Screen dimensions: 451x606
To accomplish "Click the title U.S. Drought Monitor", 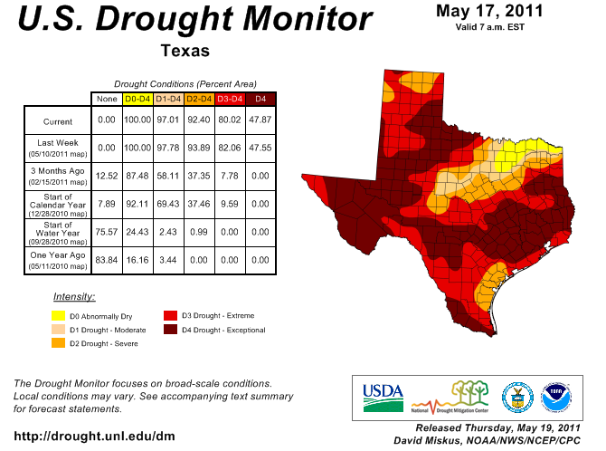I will click(x=194, y=20).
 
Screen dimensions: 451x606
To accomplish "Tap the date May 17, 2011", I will click(x=488, y=11).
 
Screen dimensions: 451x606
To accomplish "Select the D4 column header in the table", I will click(x=260, y=98).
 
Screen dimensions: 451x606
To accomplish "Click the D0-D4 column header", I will click(x=137, y=98).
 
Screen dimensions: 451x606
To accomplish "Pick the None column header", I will click(x=107, y=98).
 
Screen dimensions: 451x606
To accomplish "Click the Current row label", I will click(x=58, y=121).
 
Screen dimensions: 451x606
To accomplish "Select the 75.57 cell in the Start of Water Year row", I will click(x=107, y=233).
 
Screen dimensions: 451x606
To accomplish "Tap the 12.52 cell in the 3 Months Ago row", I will click(x=107, y=177).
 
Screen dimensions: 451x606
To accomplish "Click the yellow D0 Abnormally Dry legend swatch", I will click(x=58, y=316).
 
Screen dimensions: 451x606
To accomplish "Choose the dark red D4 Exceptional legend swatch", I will click(x=169, y=330).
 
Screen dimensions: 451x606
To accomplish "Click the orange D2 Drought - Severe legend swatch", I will click(x=58, y=343).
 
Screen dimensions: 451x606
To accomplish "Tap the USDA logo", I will click(x=383, y=391).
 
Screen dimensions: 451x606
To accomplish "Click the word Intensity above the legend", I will click(x=74, y=296).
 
